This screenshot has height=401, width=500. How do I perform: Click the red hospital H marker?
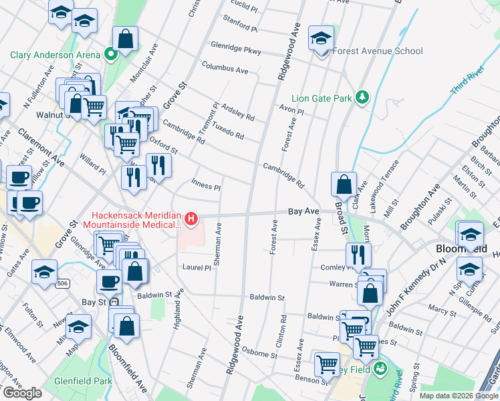[192, 219]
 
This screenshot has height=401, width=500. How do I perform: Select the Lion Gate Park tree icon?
[362, 98]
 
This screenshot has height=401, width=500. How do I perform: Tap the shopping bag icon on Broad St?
[343, 184]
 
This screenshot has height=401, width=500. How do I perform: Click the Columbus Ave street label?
[225, 69]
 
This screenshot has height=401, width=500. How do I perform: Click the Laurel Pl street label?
[197, 267]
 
